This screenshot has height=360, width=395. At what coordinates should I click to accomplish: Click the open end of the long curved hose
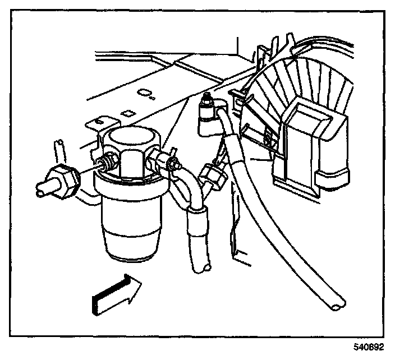point(335,304)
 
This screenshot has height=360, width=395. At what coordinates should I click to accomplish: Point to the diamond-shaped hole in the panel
point(127,113)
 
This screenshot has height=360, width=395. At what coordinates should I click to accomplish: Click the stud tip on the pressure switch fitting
point(208,99)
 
